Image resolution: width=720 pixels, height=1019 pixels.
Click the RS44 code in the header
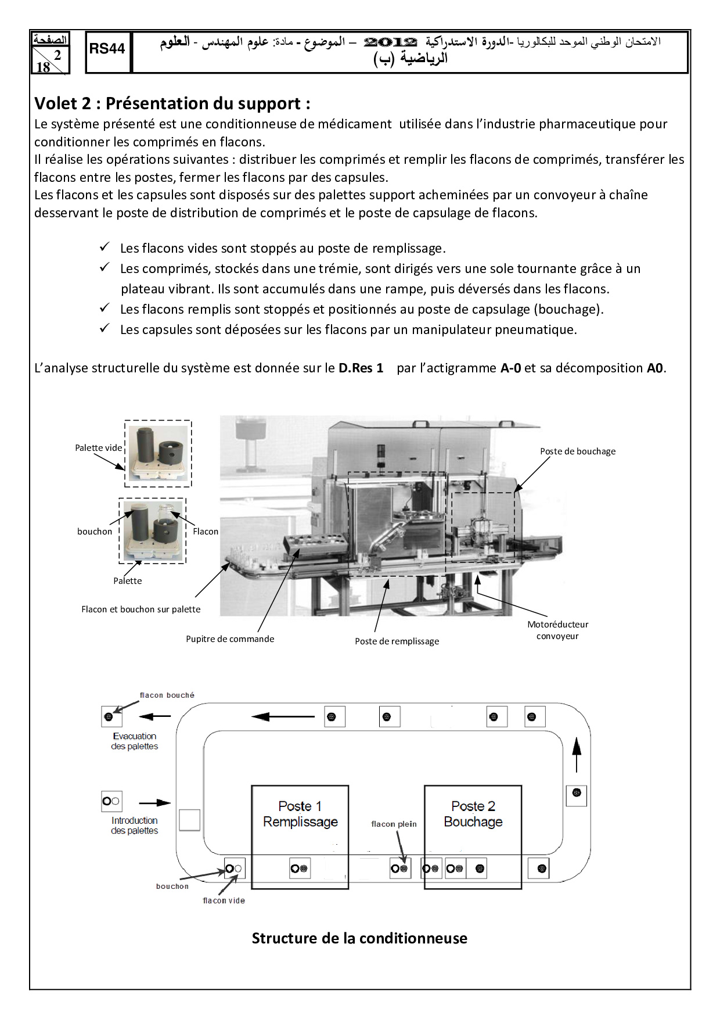[107, 49]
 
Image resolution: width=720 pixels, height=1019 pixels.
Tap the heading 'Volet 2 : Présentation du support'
[172, 103]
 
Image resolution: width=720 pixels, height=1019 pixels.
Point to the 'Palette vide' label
[98, 448]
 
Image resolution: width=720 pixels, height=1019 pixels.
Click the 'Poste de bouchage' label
[577, 451]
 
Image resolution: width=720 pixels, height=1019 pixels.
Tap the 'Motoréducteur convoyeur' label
[557, 630]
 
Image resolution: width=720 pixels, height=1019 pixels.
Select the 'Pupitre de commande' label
[230, 639]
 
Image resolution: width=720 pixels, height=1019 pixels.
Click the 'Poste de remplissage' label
[397, 641]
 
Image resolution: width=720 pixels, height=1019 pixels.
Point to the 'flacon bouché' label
[167, 695]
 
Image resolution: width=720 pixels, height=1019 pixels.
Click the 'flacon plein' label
[394, 824]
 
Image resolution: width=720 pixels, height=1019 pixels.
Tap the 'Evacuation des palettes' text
[134, 741]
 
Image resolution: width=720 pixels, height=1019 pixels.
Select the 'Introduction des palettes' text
[134, 826]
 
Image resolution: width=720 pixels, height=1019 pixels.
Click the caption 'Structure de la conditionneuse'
[359, 938]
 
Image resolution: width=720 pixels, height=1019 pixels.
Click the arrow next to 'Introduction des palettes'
[154, 803]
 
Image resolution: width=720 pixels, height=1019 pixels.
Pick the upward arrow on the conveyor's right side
[577, 754]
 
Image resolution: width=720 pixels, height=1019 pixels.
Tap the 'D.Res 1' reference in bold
[361, 368]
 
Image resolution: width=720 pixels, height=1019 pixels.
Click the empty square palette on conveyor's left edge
[189, 820]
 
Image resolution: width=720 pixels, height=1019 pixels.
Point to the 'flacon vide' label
[224, 901]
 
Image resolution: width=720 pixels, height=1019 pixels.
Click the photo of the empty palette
[158, 453]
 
